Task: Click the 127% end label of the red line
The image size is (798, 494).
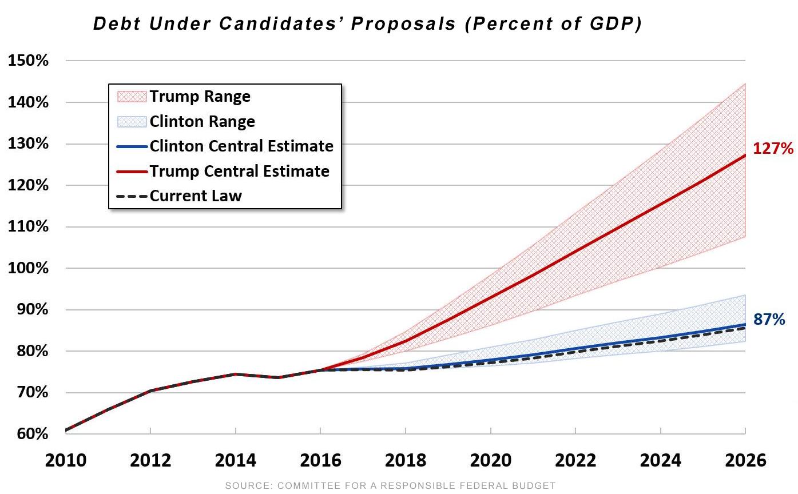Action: point(773,148)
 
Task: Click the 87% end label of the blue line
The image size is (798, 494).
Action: point(769,319)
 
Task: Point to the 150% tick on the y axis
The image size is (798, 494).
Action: point(28,60)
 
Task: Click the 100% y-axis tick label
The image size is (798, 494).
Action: point(28,268)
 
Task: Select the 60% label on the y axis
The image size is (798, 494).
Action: point(33,434)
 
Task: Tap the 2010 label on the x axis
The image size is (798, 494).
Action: point(66,460)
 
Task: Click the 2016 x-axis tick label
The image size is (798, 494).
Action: point(320,460)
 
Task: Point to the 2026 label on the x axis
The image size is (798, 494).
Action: point(745,460)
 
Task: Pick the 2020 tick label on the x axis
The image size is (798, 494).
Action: point(491,460)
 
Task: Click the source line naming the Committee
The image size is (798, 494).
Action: point(390,485)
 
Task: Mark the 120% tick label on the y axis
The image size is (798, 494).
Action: point(28,185)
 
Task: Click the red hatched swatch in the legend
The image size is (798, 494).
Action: point(132,97)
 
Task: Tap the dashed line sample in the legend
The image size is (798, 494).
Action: point(132,196)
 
